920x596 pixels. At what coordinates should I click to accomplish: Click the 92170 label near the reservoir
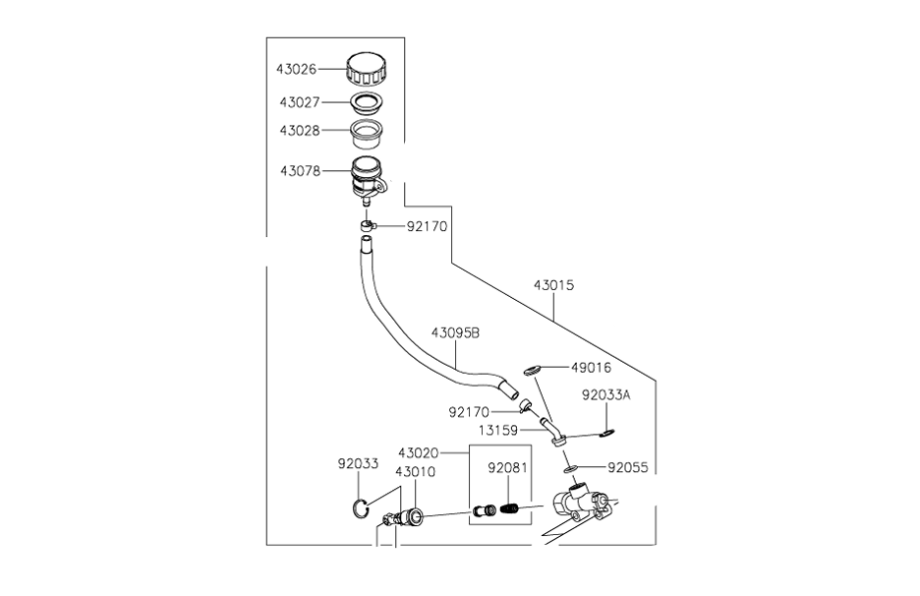click(x=427, y=226)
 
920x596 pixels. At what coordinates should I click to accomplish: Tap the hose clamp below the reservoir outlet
click(x=367, y=227)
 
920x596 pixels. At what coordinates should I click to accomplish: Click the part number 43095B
click(x=454, y=332)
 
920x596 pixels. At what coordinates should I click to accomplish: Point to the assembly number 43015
click(x=553, y=285)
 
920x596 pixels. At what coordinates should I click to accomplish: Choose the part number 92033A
click(x=605, y=395)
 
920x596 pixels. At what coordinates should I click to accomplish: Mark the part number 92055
click(x=627, y=468)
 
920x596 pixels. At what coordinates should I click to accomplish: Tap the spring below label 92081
click(x=510, y=508)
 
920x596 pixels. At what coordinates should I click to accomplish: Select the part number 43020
click(x=418, y=453)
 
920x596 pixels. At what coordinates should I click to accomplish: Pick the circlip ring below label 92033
click(x=362, y=508)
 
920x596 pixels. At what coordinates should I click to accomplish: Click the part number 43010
click(x=415, y=471)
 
